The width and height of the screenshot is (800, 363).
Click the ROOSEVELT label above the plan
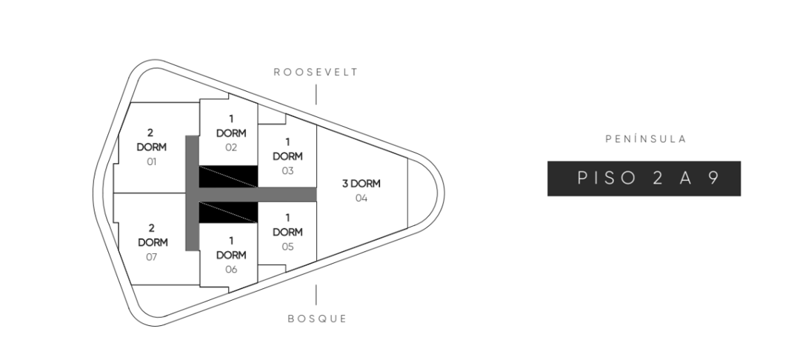tap(316, 73)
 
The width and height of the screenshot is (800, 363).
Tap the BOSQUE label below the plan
tap(317, 319)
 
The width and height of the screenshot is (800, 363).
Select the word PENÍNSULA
tap(646, 139)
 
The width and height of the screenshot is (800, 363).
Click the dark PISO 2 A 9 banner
tap(644, 179)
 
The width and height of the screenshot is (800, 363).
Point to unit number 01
tap(151, 161)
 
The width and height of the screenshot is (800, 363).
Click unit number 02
tap(231, 147)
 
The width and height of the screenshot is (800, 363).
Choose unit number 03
tap(287, 170)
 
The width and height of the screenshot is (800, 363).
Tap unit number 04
tap(361, 198)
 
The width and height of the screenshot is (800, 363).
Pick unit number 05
tap(287, 247)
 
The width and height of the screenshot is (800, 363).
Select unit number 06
tap(231, 269)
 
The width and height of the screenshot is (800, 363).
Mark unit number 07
tap(151, 257)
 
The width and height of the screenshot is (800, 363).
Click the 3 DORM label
tap(361, 184)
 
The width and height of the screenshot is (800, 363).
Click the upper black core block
tap(228, 176)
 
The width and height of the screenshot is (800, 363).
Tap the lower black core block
tap(228, 212)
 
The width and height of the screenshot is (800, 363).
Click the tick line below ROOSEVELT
tap(316, 94)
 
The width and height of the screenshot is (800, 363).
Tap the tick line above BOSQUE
tap(316, 295)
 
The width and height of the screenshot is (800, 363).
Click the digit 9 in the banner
tap(713, 179)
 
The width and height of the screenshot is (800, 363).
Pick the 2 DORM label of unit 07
tap(151, 236)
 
